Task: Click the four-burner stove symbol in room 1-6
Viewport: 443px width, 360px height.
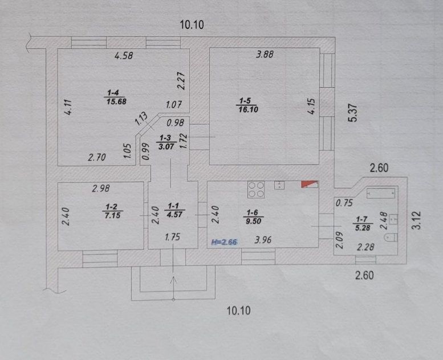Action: pyautogui.click(x=256, y=189)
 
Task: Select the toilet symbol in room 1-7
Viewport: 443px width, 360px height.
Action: pyautogui.click(x=391, y=238)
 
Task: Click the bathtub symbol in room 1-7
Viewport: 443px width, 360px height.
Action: pyautogui.click(x=380, y=193)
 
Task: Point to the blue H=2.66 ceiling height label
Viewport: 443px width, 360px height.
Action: pyautogui.click(x=225, y=242)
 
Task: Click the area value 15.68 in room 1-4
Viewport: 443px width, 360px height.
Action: pyautogui.click(x=116, y=101)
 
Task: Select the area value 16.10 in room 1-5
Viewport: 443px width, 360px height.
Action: pyautogui.click(x=248, y=109)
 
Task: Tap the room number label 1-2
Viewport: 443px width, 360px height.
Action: pyautogui.click(x=112, y=207)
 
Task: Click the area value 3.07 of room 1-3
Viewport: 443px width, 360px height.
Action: pyautogui.click(x=165, y=146)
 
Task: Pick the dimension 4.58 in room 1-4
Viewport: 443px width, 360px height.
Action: pyautogui.click(x=124, y=56)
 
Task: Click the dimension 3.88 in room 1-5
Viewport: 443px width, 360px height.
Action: pyautogui.click(x=265, y=54)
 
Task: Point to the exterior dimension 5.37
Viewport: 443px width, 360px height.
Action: pyautogui.click(x=353, y=113)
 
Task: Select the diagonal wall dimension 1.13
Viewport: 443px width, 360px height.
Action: pyautogui.click(x=141, y=119)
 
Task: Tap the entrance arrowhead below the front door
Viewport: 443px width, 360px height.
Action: pyautogui.click(x=173, y=280)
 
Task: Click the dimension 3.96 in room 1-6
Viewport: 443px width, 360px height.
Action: pyautogui.click(x=263, y=240)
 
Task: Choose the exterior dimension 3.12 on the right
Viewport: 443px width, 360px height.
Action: pyautogui.click(x=417, y=220)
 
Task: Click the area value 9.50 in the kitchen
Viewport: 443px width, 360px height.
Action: pyautogui.click(x=253, y=221)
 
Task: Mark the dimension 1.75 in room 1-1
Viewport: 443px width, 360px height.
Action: pyautogui.click(x=172, y=237)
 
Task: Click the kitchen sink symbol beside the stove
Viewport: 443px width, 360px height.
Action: pyautogui.click(x=279, y=185)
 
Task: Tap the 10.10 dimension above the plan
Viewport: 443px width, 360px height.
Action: pyautogui.click(x=192, y=25)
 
